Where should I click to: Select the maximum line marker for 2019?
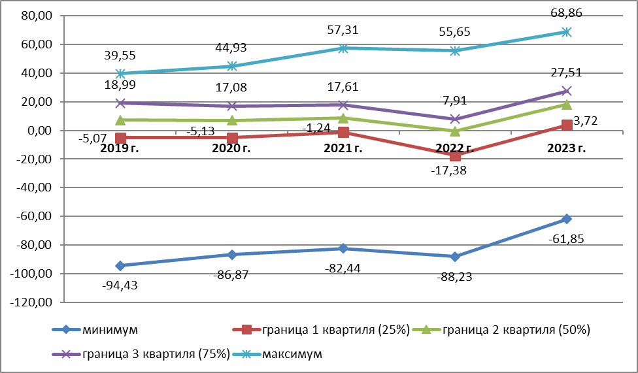120,74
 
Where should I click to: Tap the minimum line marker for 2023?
566,219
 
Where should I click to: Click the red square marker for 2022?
455,155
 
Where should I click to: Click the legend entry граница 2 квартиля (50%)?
507,331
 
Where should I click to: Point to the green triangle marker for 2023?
566,105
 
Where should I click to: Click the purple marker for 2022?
455,119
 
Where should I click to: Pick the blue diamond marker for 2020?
232,254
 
